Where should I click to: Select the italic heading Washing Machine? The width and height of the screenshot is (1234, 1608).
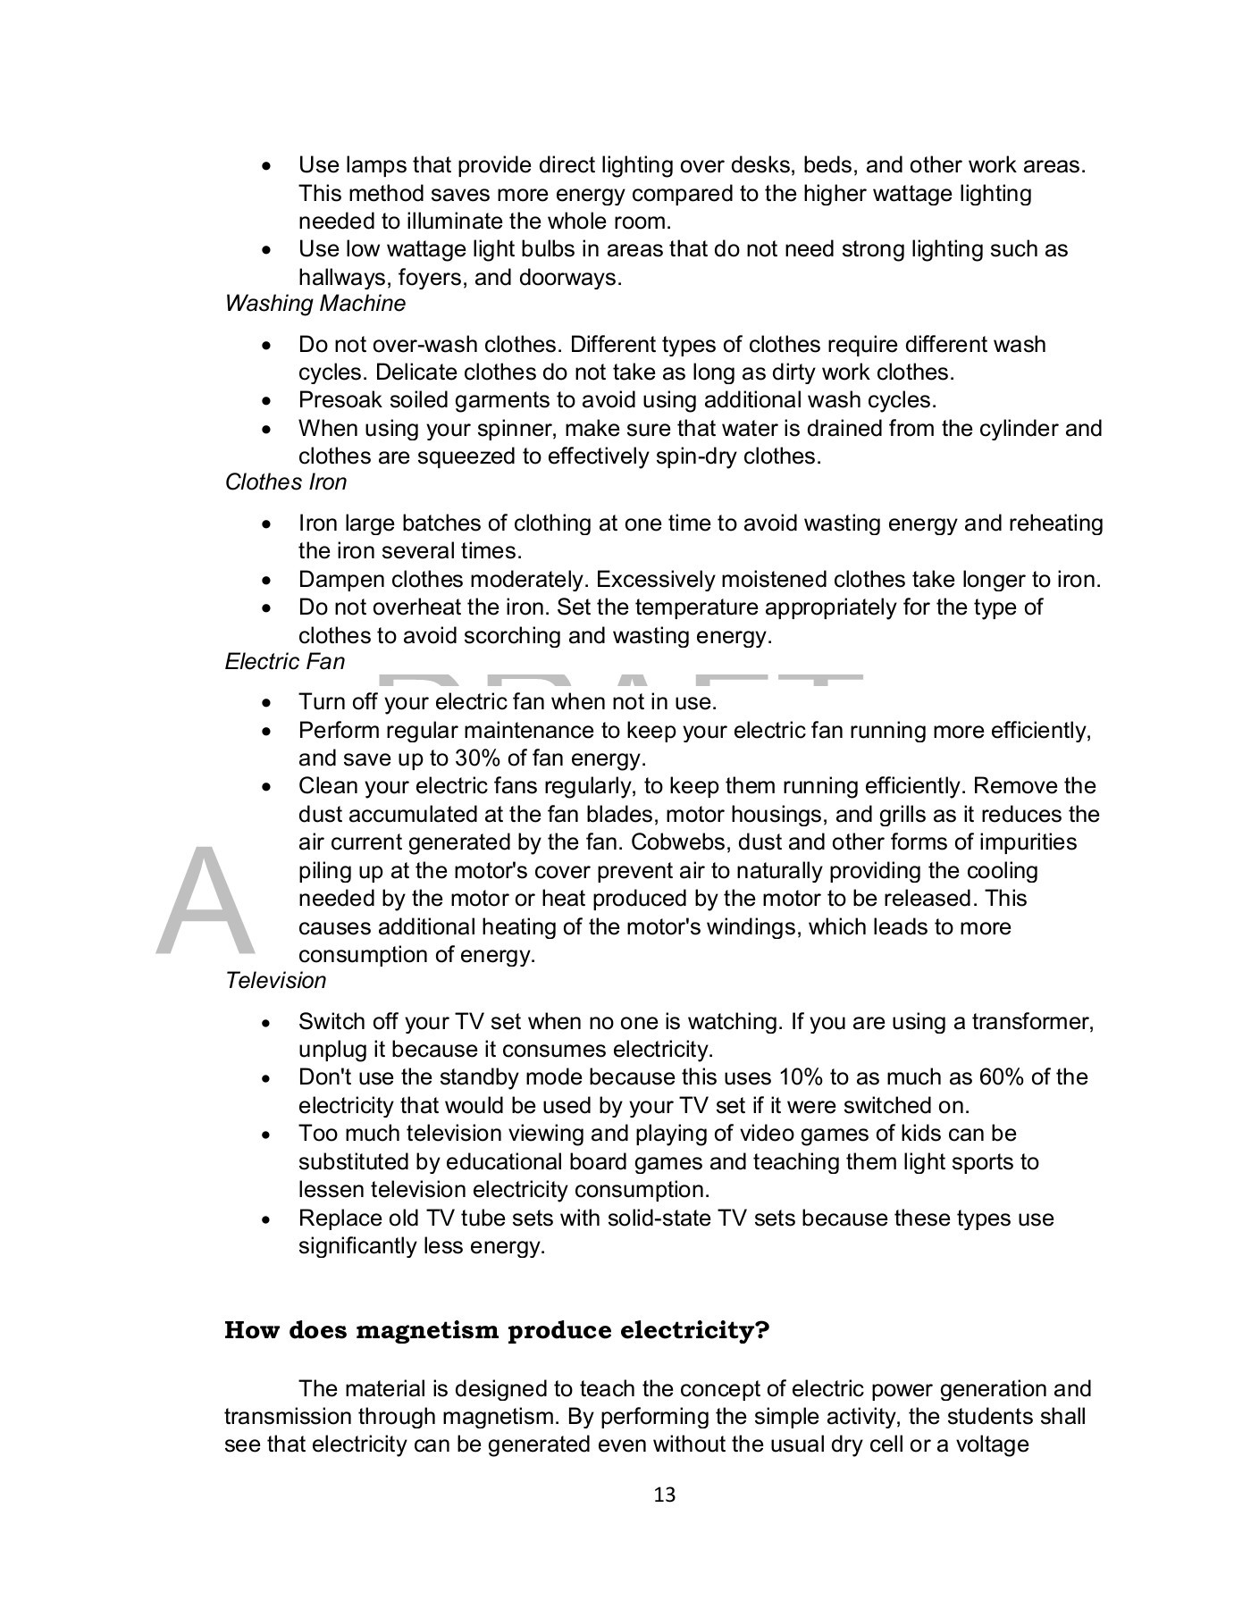[x=315, y=304]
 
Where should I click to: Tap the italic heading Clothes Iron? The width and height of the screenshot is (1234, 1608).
[x=286, y=482]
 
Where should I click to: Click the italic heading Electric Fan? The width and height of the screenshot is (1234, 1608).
[x=284, y=662]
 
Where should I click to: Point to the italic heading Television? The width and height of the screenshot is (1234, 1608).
[x=275, y=981]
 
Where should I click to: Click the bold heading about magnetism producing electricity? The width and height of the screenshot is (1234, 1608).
[x=496, y=1330]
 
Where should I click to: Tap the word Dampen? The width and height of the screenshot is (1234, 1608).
[x=336, y=580]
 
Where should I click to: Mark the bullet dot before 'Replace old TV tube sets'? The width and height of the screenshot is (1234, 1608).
[x=265, y=1219]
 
